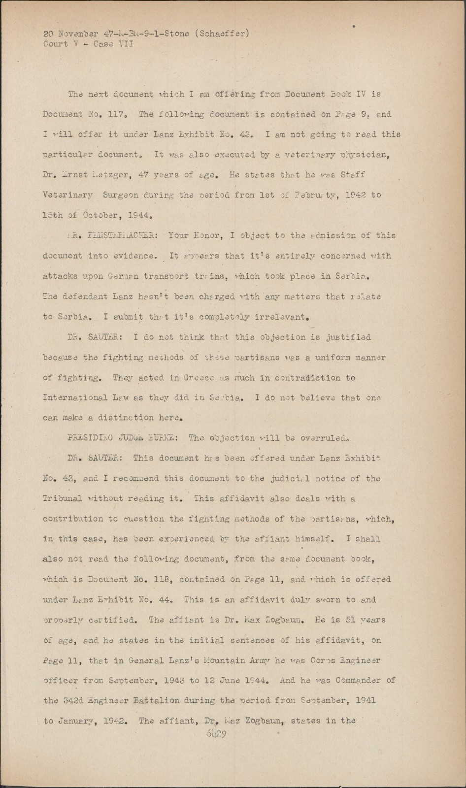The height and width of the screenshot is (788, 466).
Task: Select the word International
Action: coord(74,397)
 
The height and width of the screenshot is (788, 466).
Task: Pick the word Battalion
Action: coord(157,701)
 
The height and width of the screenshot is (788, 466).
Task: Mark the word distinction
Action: coord(119,418)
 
